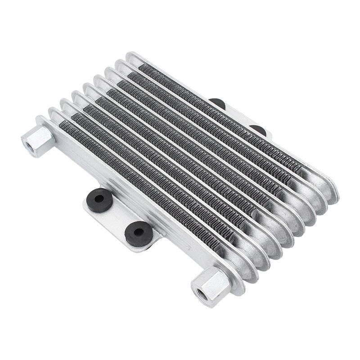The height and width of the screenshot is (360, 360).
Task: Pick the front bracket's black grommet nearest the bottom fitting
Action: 138,232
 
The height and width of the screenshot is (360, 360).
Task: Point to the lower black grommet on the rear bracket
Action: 258,130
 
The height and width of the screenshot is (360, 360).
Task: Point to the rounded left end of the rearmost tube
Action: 131,58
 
